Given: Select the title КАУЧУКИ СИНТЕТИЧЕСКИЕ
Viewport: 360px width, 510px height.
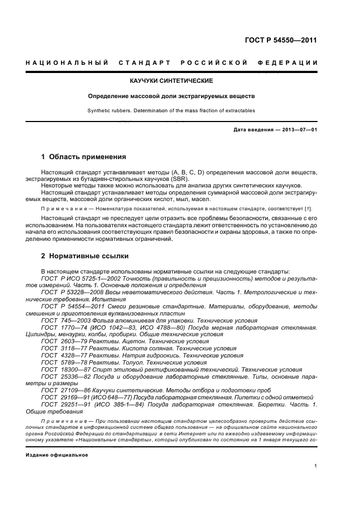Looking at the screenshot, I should [x=172, y=81].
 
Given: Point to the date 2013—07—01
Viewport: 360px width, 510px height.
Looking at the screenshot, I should [x=298, y=130].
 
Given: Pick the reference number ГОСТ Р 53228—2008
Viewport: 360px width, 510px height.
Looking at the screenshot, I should [x=72, y=292].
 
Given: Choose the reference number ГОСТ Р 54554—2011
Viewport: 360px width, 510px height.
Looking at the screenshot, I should [x=72, y=306].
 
